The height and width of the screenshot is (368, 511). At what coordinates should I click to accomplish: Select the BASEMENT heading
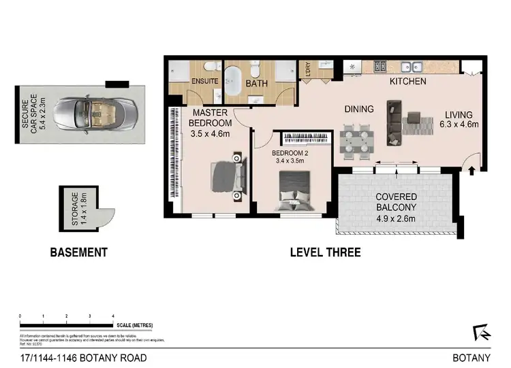79,252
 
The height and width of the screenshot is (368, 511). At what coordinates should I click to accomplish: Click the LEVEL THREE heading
325,252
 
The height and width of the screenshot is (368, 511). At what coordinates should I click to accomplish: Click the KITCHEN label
407,82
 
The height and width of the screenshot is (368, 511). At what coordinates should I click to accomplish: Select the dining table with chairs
356,140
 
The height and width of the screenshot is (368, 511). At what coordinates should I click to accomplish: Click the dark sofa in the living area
394,123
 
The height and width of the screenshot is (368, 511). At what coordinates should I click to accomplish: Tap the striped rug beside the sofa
417,124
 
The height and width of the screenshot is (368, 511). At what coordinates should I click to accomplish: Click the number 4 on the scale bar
112,317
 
